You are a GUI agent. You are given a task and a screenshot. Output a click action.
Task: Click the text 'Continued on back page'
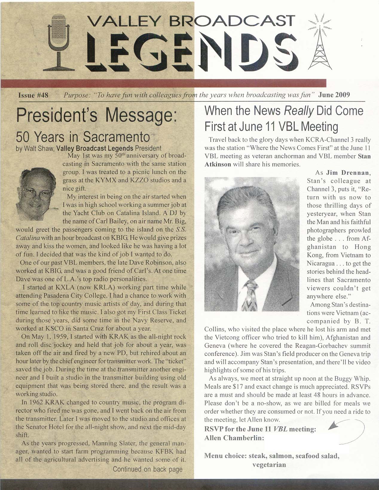(x=148, y=469)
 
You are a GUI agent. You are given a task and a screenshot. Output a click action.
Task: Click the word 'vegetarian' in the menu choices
(x=269, y=465)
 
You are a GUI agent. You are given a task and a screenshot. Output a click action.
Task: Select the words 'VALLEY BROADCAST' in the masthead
(x=191, y=21)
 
